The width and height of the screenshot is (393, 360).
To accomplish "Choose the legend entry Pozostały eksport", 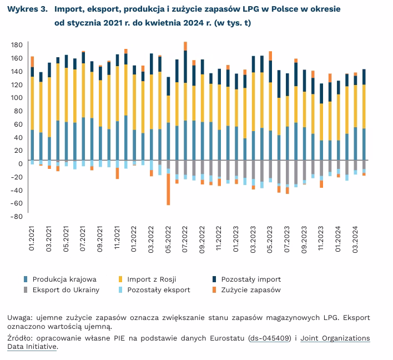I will tap(159, 289).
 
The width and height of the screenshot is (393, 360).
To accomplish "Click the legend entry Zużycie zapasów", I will tap(251, 289).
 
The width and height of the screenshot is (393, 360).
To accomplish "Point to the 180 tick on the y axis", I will tap(16, 45).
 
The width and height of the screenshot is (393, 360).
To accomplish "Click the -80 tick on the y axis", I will tap(16, 216).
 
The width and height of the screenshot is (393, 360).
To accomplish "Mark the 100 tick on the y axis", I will tap(16, 98).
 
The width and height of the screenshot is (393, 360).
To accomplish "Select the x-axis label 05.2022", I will tap(169, 239).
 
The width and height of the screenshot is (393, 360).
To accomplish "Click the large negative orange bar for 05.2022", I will tap(168, 189).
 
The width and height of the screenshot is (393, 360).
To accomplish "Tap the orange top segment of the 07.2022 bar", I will tap(185, 46).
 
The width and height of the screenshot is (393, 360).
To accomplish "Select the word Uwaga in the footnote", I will tap(19, 318).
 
